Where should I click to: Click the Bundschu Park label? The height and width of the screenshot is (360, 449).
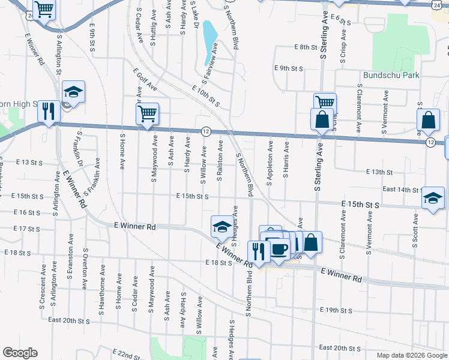click(391, 75)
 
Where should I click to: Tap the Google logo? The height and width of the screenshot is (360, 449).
click(20, 353)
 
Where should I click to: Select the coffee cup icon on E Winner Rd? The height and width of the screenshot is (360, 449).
click(279, 248)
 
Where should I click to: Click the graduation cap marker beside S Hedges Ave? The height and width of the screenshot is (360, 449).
click(221, 227)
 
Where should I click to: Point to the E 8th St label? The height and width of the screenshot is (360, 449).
click(305, 47)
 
